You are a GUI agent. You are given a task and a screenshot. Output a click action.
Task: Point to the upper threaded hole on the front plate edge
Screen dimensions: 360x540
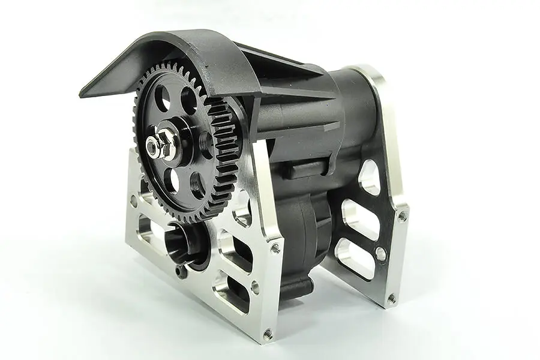(x=275, y=247)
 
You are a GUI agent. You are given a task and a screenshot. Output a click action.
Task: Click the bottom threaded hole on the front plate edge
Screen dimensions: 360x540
(x=268, y=329)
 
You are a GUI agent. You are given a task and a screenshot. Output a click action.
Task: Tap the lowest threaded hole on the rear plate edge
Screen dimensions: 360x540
(x=391, y=298)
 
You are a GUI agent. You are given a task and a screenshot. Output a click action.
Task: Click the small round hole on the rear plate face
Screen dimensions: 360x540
(x=380, y=254)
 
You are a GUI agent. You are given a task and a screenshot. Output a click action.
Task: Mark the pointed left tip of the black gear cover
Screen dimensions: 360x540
(x=83, y=94)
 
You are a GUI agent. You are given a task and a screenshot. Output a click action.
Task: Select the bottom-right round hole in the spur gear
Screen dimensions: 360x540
(x=199, y=185)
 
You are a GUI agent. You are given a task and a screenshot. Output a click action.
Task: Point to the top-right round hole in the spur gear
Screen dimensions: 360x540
(x=190, y=100)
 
